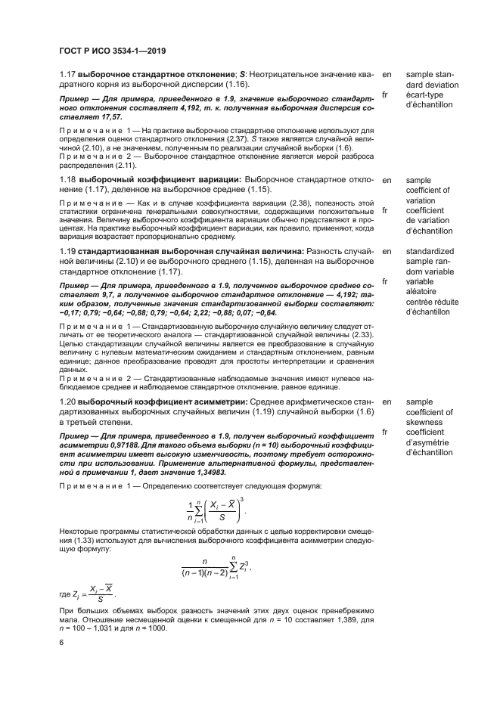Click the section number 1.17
[70, 75]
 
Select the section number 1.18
[70, 180]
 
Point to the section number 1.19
[70, 250]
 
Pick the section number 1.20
[70, 401]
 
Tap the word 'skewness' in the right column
[424, 423]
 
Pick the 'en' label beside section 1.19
[387, 250]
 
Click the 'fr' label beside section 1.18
[386, 210]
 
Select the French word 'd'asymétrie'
[429, 442]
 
